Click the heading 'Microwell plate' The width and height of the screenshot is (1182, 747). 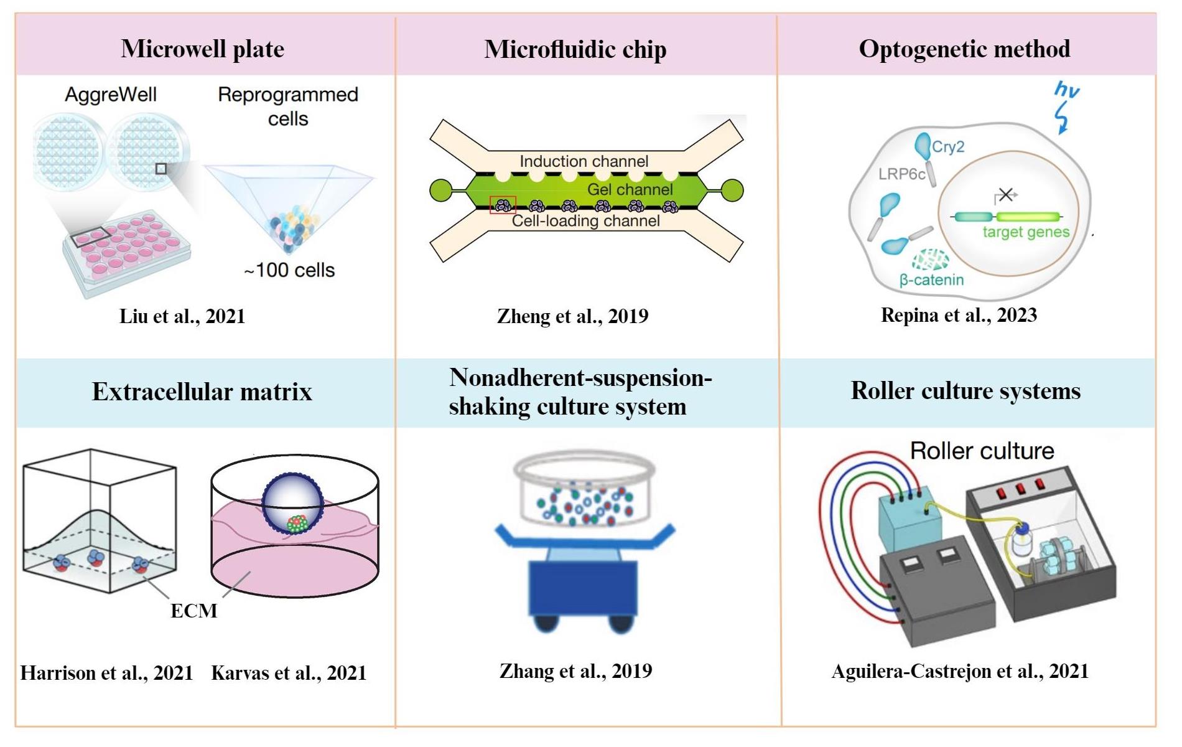[x=202, y=49]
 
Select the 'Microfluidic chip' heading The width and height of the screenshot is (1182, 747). [x=575, y=49]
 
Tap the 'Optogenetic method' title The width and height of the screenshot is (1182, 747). [x=964, y=49]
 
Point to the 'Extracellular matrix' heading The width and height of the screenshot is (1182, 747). [x=202, y=392]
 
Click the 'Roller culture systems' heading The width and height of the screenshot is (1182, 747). [x=966, y=390]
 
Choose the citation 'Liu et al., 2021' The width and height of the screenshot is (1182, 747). [x=182, y=316]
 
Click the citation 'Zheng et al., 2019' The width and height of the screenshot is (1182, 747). [x=572, y=316]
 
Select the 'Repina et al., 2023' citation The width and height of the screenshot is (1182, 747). [x=959, y=315]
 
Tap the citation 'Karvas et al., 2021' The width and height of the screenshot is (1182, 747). [x=289, y=673]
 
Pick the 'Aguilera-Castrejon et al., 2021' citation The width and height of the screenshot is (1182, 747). [x=960, y=671]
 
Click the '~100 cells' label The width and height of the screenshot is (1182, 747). [x=289, y=270]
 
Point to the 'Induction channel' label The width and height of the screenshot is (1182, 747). [x=584, y=161]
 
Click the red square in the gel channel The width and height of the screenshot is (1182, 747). [x=503, y=205]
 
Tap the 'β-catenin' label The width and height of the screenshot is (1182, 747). [x=931, y=280]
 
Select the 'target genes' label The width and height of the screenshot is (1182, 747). [x=1026, y=232]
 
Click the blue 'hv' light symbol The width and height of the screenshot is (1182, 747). [x=1066, y=90]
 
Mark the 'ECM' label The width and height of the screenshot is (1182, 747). [x=194, y=611]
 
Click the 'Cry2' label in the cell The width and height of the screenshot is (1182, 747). [x=948, y=147]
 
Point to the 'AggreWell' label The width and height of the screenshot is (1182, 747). [x=111, y=95]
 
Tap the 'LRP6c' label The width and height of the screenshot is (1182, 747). [x=901, y=174]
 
